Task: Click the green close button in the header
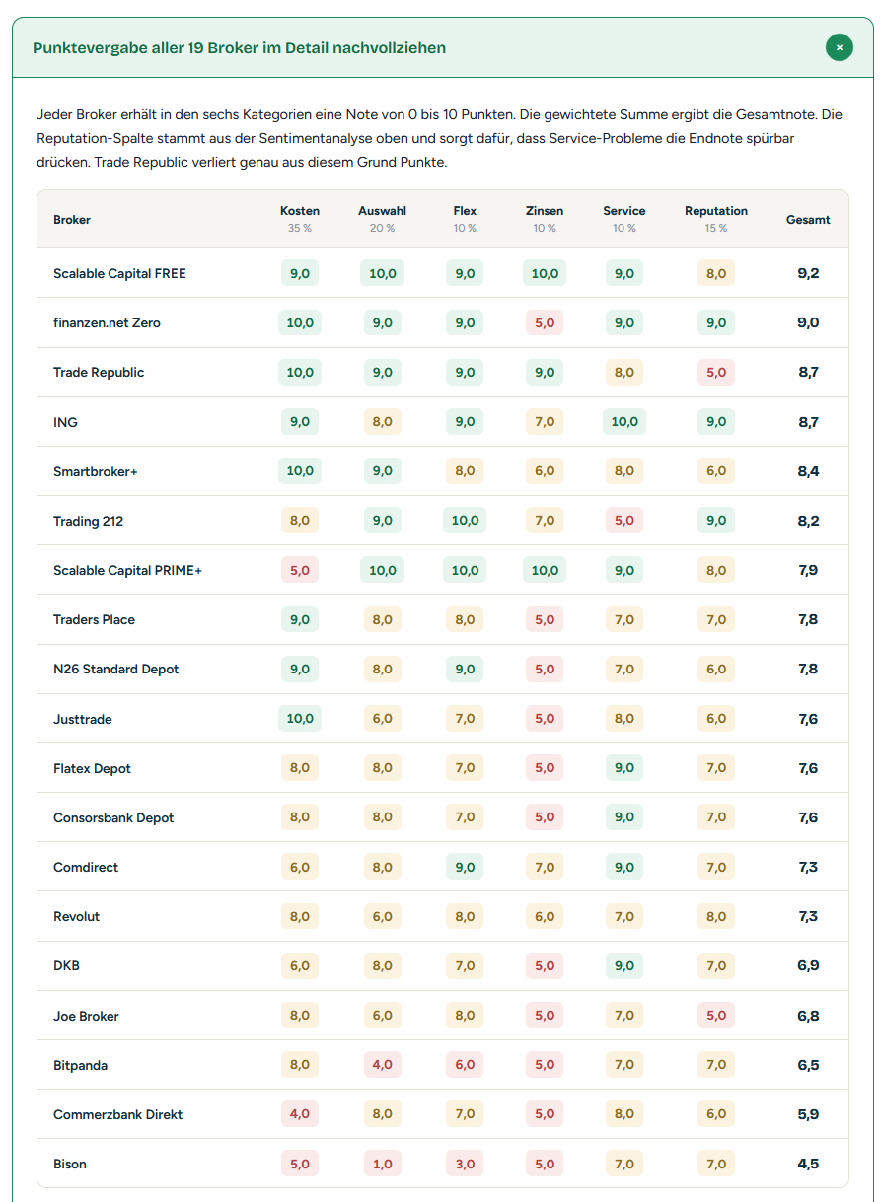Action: point(840,47)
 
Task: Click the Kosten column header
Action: point(300,211)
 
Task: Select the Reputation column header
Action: point(715,211)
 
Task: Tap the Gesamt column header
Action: point(808,220)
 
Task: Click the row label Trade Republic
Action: point(99,372)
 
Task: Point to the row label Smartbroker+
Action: point(95,471)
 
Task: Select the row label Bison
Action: point(70,1164)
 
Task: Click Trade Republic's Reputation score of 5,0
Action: point(715,372)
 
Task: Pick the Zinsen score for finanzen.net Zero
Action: point(544,322)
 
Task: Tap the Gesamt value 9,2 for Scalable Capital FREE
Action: point(808,273)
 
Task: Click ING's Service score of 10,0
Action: point(623,421)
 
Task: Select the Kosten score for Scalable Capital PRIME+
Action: point(300,570)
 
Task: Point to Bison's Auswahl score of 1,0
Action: point(382,1164)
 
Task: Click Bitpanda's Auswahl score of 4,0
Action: point(382,1064)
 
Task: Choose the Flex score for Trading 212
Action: point(465,520)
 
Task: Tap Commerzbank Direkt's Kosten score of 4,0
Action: point(300,1113)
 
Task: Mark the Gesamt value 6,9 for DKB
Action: point(808,965)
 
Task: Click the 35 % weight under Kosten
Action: point(300,228)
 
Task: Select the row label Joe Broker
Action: point(86,1016)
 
